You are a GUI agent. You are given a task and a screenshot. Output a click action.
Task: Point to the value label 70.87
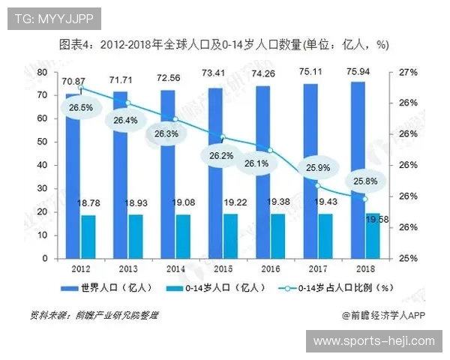coord(73,81)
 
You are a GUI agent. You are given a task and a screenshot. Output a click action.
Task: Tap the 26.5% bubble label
coord(81,107)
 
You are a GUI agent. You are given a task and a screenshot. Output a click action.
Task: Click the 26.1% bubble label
coord(256,163)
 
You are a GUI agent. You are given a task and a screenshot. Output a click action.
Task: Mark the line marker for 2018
coord(364,199)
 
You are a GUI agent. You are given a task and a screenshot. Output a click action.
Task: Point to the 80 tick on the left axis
coord(42,72)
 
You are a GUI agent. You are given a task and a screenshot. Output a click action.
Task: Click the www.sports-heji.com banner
coord(373,341)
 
